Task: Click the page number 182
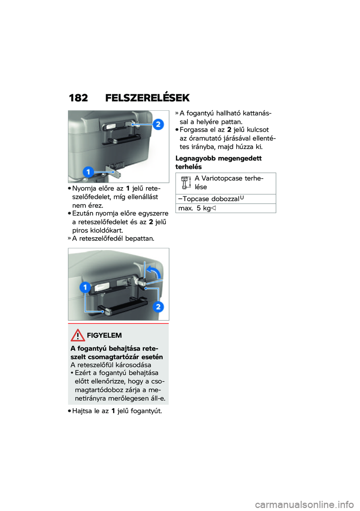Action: coord(78,98)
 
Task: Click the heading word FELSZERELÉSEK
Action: coord(147,98)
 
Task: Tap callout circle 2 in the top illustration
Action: coord(158,124)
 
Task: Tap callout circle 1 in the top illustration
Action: coord(88,172)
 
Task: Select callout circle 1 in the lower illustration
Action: coord(85,287)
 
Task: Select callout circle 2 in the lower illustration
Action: coord(158,307)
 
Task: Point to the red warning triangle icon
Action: coord(78,335)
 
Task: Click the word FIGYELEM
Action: coord(104,335)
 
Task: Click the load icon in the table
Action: coord(185,183)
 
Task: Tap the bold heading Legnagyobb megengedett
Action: coord(218,158)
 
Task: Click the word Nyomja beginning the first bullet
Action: coord(84,188)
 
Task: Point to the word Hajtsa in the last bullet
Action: coord(82,411)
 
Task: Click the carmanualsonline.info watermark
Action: coord(304,505)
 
